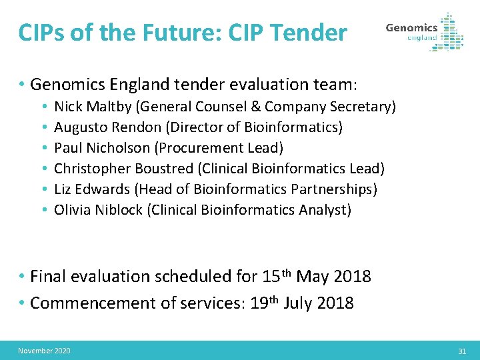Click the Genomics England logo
pyautogui.click(x=424, y=32)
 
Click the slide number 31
pyautogui.click(x=462, y=351)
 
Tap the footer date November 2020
pyautogui.click(x=44, y=351)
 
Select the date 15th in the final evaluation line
pyautogui.click(x=277, y=275)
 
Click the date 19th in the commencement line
pyautogui.click(x=264, y=303)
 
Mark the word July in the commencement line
pyautogui.click(x=298, y=303)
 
